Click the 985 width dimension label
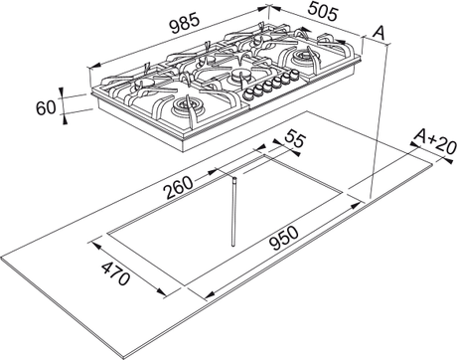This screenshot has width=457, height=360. (185, 24)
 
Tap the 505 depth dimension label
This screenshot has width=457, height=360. (323, 12)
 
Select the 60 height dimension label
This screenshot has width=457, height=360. (46, 107)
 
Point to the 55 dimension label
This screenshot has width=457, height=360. (294, 138)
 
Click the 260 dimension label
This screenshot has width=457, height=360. (179, 187)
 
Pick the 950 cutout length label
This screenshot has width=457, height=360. (284, 238)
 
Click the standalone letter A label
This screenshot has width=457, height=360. (379, 33)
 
